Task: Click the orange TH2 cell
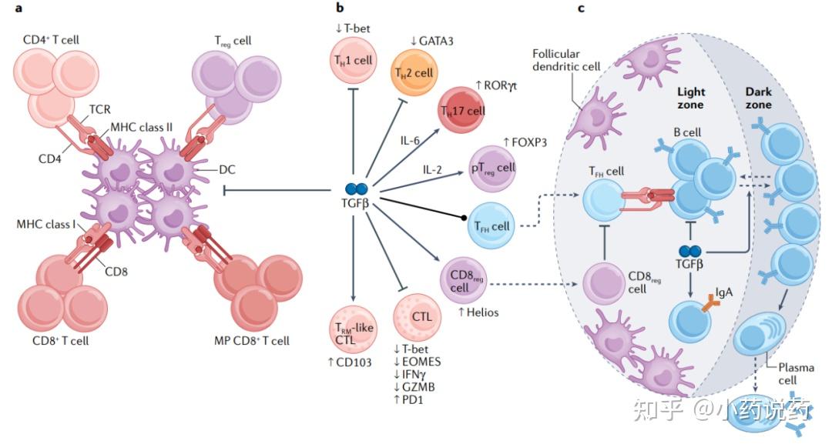pos(414,72)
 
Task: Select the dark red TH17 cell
pos(461,110)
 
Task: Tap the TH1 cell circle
pos(353,60)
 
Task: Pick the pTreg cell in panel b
pos(492,168)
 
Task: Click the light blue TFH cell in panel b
pos(491,225)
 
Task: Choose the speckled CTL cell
pos(417,316)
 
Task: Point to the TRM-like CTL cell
pos(352,329)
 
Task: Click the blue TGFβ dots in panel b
pos(356,189)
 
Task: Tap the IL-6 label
pos(410,140)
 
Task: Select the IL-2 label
pos(432,170)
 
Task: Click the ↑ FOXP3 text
pos(525,142)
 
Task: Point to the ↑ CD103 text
pos(350,363)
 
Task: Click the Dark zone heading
pos(758,98)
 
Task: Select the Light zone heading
pos(691,98)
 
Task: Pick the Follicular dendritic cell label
pos(566,60)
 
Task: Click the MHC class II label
pos(142,127)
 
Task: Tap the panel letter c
pos(581,8)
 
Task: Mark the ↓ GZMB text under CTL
pos(414,387)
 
